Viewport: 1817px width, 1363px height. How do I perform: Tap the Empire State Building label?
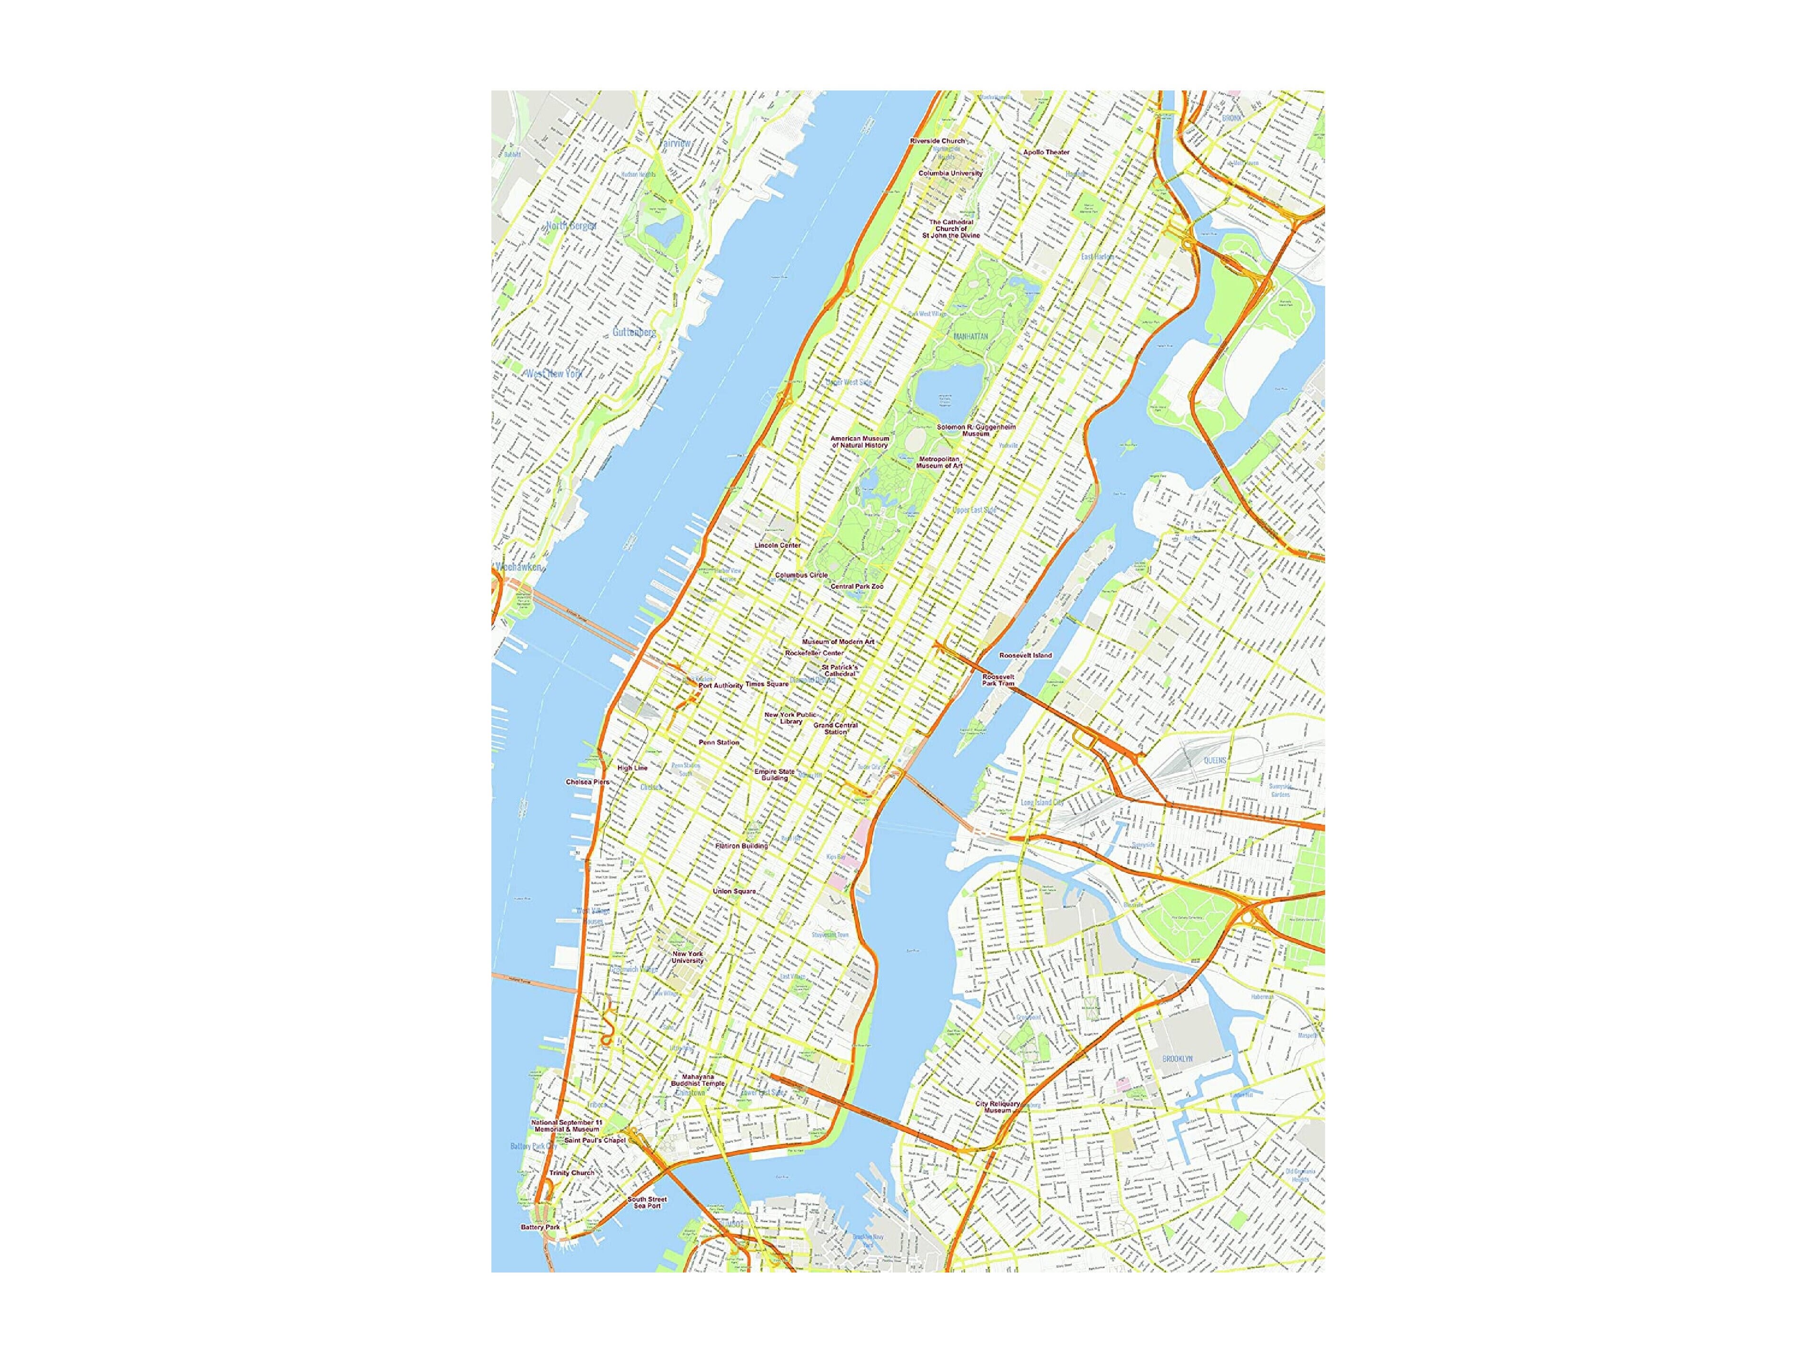(x=775, y=775)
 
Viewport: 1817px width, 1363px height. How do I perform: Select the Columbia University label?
(x=950, y=173)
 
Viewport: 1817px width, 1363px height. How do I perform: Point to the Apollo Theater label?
(x=1047, y=152)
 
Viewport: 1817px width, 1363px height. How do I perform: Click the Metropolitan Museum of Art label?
(x=940, y=462)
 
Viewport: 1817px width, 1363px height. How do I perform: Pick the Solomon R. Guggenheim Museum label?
(x=977, y=430)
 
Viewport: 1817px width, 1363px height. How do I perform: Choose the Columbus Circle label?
(x=802, y=575)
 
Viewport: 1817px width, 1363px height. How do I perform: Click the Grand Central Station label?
(x=835, y=729)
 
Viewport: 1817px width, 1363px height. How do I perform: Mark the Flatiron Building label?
(x=742, y=845)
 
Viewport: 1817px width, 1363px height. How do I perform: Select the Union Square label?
(x=734, y=892)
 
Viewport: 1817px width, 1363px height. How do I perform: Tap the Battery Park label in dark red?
(x=540, y=1227)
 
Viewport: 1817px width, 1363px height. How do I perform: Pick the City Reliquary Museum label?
(x=998, y=1107)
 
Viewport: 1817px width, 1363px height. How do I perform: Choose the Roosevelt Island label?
(x=1025, y=656)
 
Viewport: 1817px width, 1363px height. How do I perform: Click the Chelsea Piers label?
(x=587, y=782)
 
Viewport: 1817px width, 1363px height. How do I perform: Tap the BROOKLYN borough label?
(x=1177, y=1059)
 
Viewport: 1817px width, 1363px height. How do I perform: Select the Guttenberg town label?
(x=634, y=333)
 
